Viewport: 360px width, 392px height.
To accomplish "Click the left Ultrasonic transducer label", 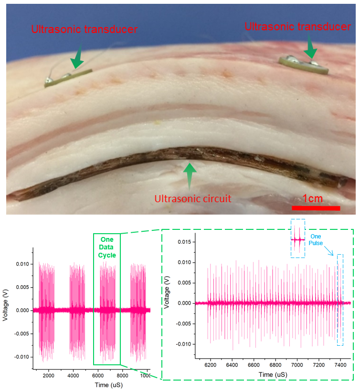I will pyautogui.click(x=84, y=30).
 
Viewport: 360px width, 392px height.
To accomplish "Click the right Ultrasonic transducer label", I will pyautogui.click(x=297, y=27).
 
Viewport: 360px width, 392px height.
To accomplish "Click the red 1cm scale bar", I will pyautogui.click(x=316, y=208).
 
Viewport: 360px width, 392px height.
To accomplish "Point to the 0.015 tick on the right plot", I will pyautogui.click(x=185, y=242).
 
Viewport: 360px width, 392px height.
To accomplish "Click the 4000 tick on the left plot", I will pyautogui.click(x=73, y=375).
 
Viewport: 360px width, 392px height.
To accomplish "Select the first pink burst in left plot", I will pyautogui.click(x=48, y=310).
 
